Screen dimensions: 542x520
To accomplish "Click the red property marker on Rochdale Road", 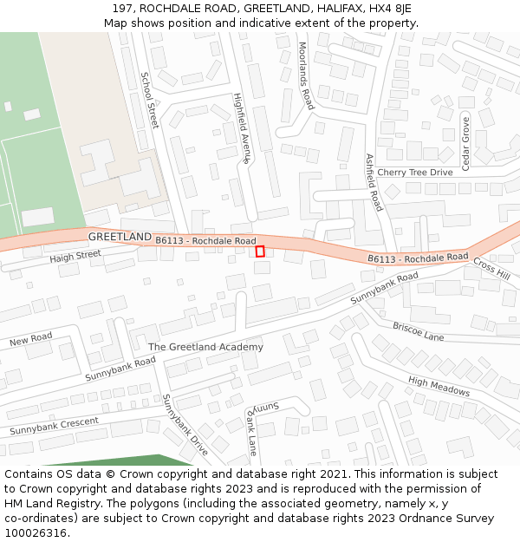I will point(260,251).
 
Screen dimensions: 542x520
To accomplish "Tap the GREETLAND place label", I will point(120,237).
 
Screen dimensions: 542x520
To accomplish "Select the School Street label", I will point(149,100).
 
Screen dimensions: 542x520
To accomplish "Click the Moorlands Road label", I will point(305,75).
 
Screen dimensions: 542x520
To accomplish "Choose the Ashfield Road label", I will point(374,182).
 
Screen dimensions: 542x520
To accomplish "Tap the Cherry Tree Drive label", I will point(415,173).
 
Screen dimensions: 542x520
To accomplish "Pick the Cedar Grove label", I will point(465,143).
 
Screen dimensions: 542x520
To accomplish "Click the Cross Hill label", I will point(491,270).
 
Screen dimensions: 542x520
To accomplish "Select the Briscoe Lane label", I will point(418,331).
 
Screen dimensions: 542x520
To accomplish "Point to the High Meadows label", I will point(439,387).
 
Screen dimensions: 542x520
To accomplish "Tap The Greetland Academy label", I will point(205,347).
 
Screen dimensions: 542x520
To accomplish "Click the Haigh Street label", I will point(75,257).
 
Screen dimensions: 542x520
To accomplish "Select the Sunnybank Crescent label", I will point(55,426).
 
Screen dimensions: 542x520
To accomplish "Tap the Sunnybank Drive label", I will point(185,425).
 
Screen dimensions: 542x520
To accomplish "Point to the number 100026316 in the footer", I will point(36,532).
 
